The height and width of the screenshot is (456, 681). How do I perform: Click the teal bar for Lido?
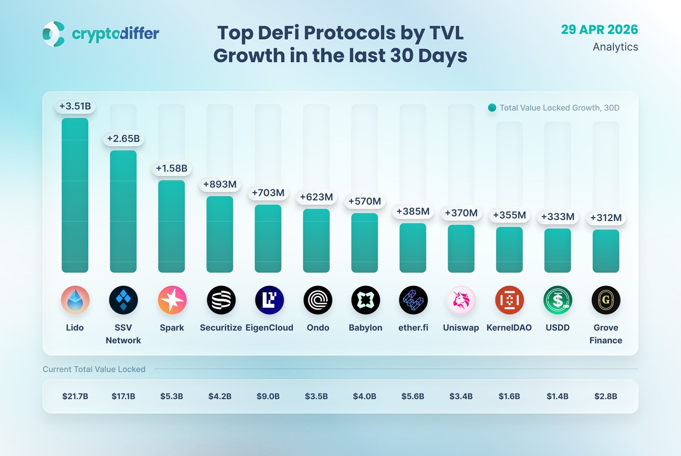click(75, 195)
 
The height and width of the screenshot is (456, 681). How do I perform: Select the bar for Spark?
click(171, 226)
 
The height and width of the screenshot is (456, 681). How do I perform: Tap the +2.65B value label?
click(123, 138)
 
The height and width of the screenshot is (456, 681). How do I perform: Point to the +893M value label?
click(220, 184)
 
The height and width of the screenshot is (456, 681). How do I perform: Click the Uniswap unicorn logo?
click(461, 300)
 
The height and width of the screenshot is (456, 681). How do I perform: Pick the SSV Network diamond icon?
click(123, 300)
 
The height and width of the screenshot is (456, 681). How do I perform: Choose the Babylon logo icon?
click(365, 300)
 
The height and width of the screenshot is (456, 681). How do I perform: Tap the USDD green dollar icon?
click(558, 300)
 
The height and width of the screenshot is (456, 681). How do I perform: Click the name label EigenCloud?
click(269, 328)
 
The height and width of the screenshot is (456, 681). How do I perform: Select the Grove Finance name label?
click(606, 334)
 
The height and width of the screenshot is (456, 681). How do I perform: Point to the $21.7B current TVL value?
click(75, 396)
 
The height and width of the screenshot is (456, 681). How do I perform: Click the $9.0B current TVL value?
click(268, 396)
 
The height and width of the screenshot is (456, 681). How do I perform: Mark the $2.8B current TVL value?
click(606, 396)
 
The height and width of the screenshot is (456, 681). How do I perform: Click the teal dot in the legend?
click(492, 108)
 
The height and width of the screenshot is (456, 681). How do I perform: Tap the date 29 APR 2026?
click(599, 30)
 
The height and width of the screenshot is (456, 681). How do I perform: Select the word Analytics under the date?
click(615, 47)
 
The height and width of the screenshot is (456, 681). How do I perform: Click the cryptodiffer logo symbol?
click(54, 34)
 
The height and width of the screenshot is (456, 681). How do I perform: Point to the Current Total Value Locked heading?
click(94, 369)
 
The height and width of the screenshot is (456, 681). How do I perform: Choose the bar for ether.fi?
click(413, 248)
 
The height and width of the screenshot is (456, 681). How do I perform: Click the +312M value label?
click(606, 218)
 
